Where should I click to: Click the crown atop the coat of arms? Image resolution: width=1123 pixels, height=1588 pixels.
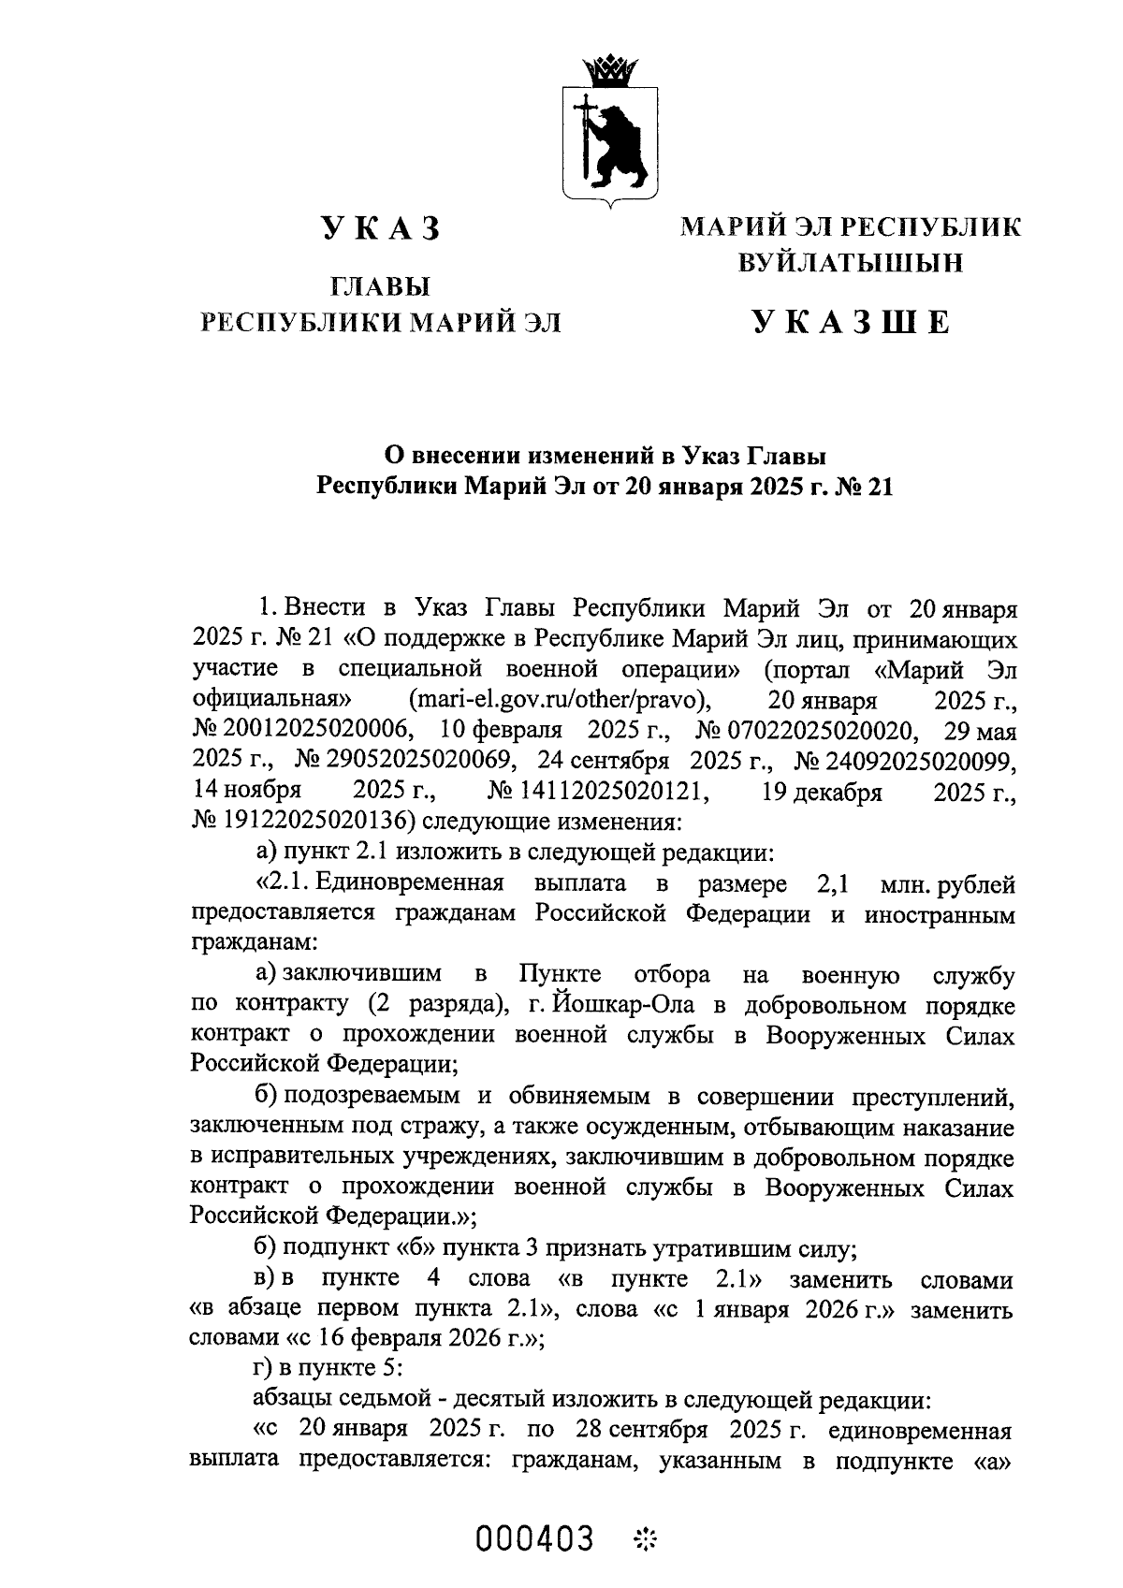608,69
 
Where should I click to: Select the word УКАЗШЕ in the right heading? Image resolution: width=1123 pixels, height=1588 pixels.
851,322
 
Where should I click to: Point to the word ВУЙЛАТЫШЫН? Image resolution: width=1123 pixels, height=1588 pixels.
851,264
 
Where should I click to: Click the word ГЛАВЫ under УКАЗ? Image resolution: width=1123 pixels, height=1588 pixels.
380,286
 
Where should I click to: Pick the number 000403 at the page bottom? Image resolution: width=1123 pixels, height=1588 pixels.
535,1537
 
